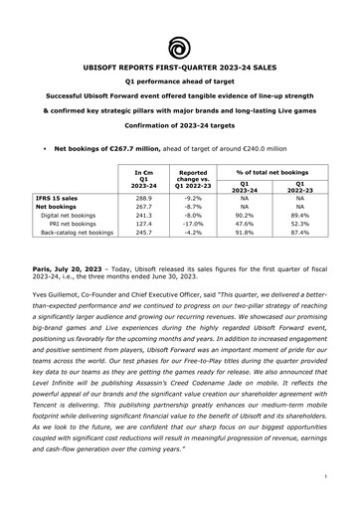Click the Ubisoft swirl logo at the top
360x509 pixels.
pos(180,45)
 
